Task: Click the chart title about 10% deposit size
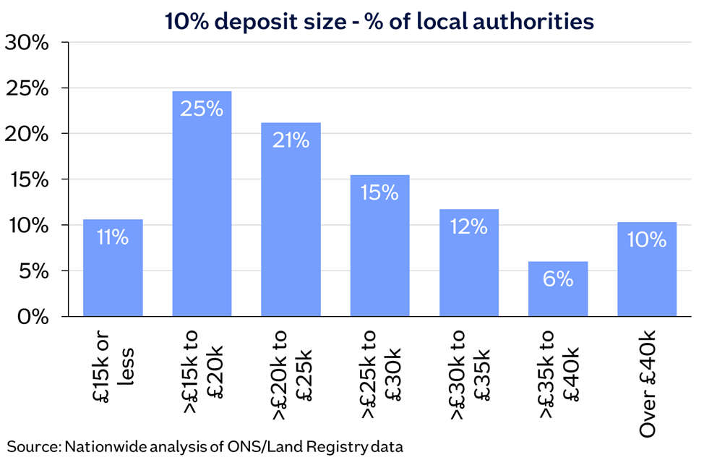(x=379, y=21)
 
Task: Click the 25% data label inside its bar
(x=202, y=108)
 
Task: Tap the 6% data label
(x=557, y=279)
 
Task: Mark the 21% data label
(x=291, y=140)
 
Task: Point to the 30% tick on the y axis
(x=27, y=43)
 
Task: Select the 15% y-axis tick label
(x=27, y=179)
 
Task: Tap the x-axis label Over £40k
(x=647, y=384)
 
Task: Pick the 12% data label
(x=468, y=226)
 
